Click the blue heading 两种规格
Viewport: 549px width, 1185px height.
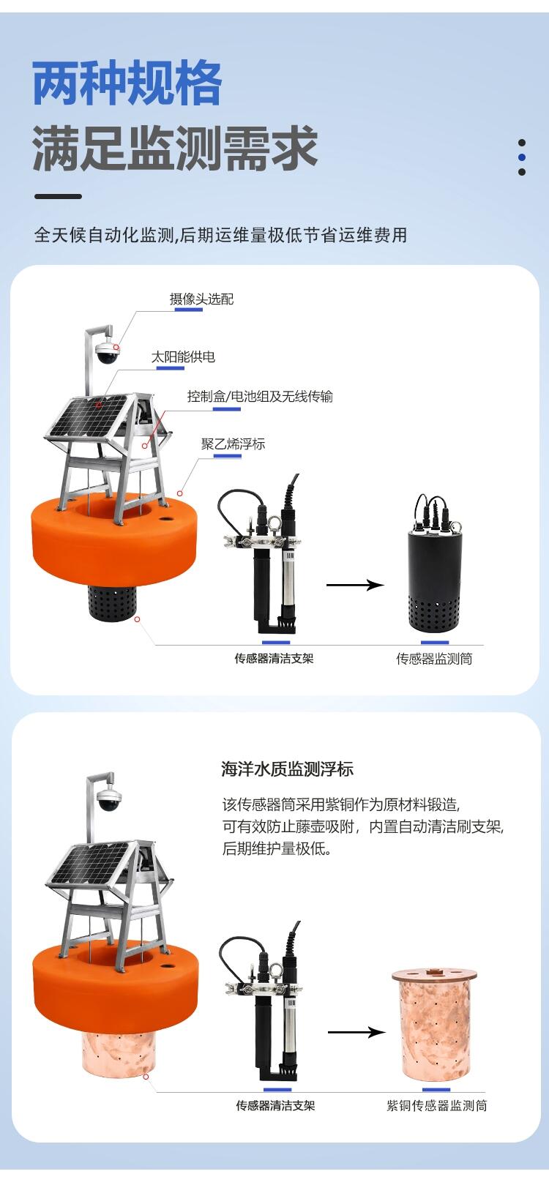click(x=127, y=83)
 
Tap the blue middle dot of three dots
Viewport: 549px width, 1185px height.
click(x=522, y=157)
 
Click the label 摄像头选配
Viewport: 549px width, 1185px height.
click(x=201, y=299)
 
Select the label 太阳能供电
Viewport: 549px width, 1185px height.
click(x=183, y=357)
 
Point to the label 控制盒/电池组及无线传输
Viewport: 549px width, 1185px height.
click(x=260, y=396)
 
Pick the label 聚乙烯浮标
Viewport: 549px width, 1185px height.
click(x=233, y=444)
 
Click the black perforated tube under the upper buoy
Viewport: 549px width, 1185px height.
click(x=112, y=602)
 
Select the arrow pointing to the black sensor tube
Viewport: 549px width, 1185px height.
click(x=355, y=585)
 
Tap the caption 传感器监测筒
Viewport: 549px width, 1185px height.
click(x=434, y=659)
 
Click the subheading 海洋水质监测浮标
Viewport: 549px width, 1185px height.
click(x=287, y=769)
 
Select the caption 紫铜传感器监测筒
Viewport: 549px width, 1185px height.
click(x=437, y=1106)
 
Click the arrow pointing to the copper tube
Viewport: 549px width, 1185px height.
click(x=356, y=1032)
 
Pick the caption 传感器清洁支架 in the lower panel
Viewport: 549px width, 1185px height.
click(x=275, y=1106)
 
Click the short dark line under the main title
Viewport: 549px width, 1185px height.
click(x=58, y=196)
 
